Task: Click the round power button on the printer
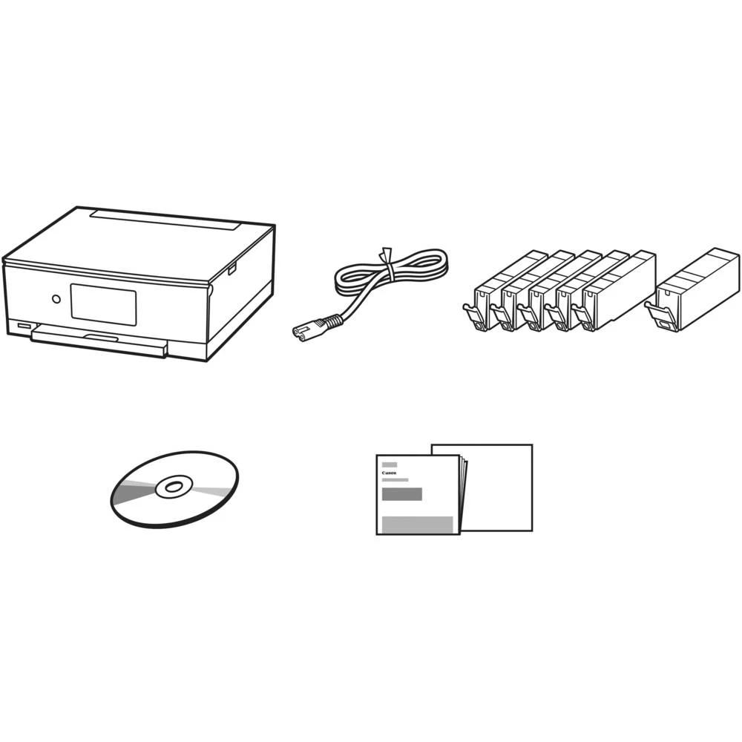coord(56,300)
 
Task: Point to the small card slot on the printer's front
coord(20,326)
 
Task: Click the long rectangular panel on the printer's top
coord(168,220)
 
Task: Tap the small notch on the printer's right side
coord(232,268)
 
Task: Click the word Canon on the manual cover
coord(389,473)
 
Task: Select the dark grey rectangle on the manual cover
coord(401,494)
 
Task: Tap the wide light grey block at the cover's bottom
coord(416,524)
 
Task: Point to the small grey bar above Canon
coord(390,464)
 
